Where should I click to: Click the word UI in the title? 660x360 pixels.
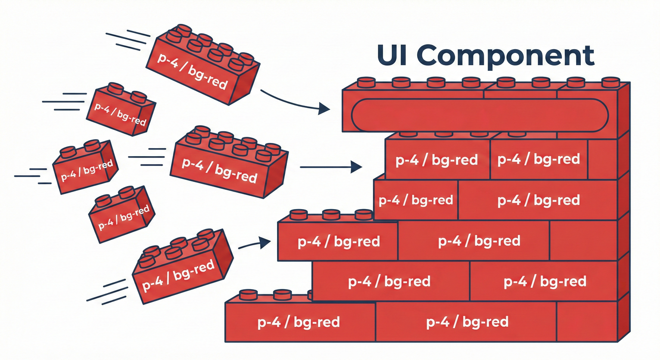[x=392, y=56]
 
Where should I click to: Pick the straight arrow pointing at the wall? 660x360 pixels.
[x=330, y=166]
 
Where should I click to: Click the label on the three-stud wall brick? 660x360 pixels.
[x=338, y=242]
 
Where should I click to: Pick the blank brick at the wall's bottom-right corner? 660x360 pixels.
[x=586, y=322]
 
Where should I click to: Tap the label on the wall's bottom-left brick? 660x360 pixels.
[x=299, y=322]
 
